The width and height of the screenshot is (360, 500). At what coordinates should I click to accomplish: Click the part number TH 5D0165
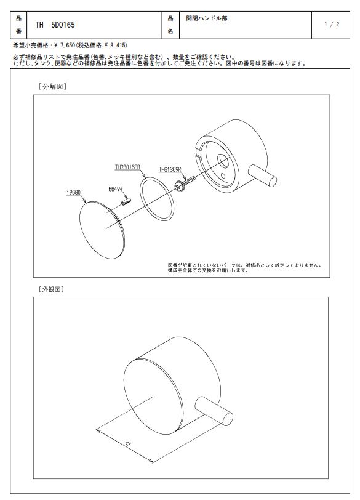(x=55, y=25)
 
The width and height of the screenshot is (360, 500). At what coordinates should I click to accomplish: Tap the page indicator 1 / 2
(x=332, y=24)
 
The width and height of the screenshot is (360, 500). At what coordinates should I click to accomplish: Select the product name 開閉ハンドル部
(x=206, y=18)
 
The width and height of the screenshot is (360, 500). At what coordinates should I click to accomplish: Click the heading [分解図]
(x=52, y=86)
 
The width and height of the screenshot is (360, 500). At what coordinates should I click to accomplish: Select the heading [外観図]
(x=51, y=289)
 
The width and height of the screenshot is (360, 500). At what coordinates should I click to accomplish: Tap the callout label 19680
(x=73, y=193)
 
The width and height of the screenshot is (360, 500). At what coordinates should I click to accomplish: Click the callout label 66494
(x=115, y=189)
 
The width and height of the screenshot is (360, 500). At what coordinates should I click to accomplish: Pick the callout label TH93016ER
(x=128, y=167)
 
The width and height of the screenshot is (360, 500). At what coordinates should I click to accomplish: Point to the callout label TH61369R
(x=170, y=170)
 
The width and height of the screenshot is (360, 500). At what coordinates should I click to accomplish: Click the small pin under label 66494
(x=126, y=201)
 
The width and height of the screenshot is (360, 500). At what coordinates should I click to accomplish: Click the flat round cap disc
(x=102, y=230)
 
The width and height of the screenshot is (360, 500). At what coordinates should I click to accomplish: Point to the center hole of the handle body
(x=222, y=161)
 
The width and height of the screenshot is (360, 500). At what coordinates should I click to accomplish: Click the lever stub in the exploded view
(x=262, y=175)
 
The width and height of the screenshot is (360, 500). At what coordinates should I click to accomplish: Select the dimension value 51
(x=127, y=443)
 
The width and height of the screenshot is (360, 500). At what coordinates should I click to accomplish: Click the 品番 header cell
(x=18, y=25)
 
